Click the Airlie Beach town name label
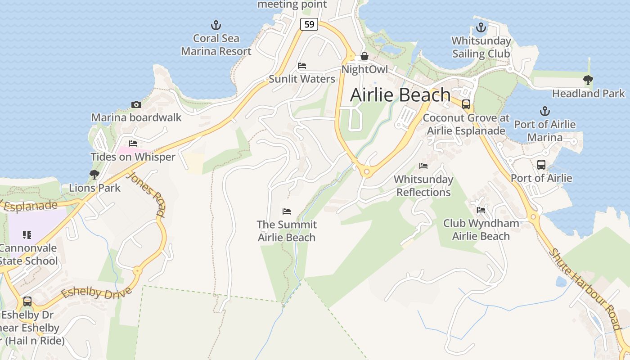coord(400,95)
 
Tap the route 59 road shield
coord(309,24)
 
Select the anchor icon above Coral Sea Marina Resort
coord(216,25)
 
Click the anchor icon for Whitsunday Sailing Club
coord(481,28)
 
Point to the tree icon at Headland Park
coord(588,80)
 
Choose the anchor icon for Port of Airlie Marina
coord(544,111)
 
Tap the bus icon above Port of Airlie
coord(541,165)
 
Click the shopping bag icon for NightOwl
coord(364,57)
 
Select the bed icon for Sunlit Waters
coord(302,66)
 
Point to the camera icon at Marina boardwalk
coord(136,104)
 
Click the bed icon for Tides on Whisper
coord(133,144)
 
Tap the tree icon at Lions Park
coord(94,174)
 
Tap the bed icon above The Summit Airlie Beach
coord(287,211)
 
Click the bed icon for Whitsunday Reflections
coord(423,166)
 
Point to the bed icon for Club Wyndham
coord(481,210)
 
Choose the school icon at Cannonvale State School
coord(27,234)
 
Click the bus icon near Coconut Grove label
coord(466,104)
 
